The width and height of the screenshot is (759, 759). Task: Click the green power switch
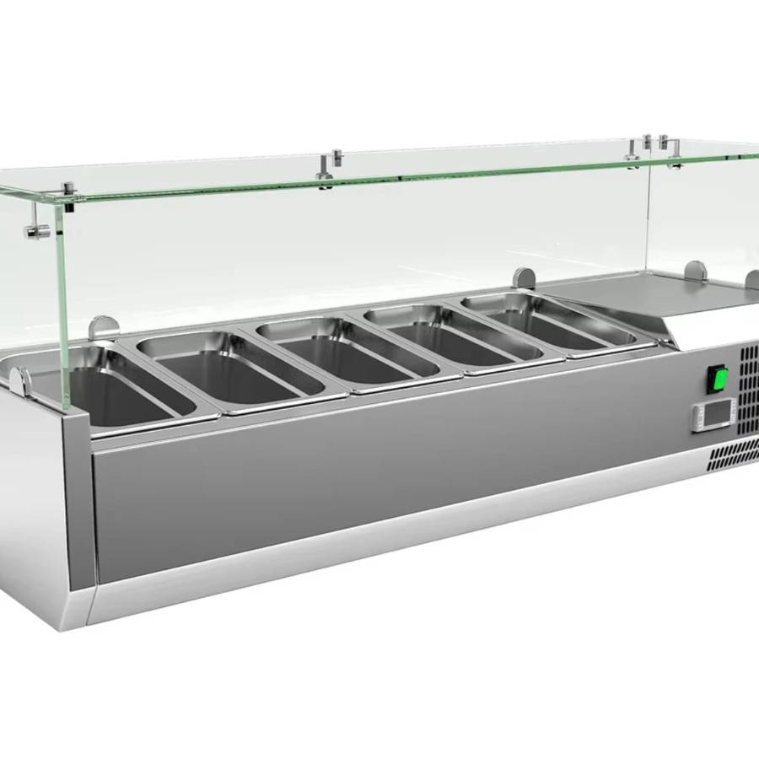click(718, 379)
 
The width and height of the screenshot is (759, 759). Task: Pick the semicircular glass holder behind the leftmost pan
click(103, 326)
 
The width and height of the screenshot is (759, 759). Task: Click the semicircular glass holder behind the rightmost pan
click(524, 277)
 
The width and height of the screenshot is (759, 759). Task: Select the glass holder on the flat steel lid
click(696, 271)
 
